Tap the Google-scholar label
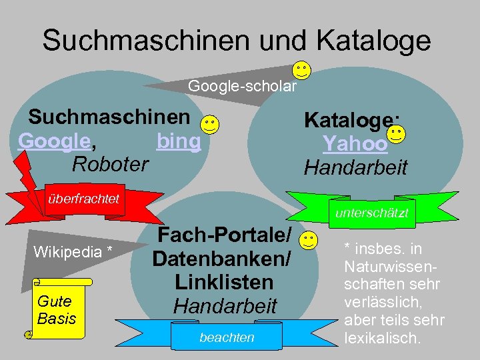[x=242, y=86]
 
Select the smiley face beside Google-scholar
[x=301, y=69]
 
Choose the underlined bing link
[x=178, y=141]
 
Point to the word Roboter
[x=110, y=163]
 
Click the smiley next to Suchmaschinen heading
[x=209, y=124]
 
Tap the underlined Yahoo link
[x=355, y=143]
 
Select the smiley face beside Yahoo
[x=396, y=135]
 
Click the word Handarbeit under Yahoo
[x=355, y=167]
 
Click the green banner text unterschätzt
[x=373, y=213]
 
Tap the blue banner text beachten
[x=227, y=338]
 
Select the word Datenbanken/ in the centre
[x=221, y=259]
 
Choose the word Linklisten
[x=224, y=282]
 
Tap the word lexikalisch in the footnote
[x=382, y=338]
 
